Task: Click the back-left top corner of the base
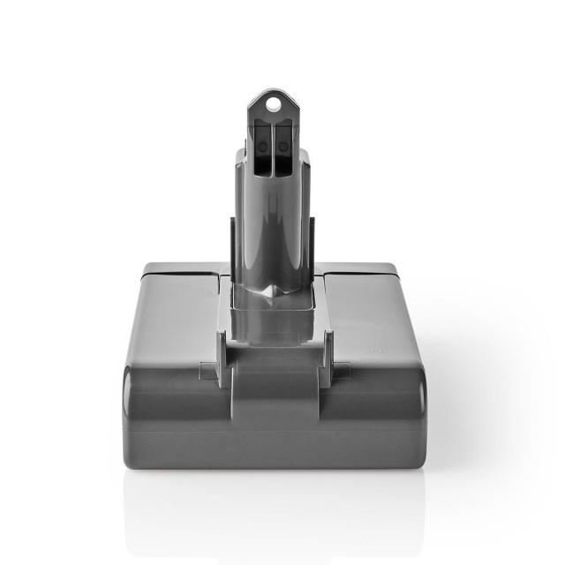tap(147, 265)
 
